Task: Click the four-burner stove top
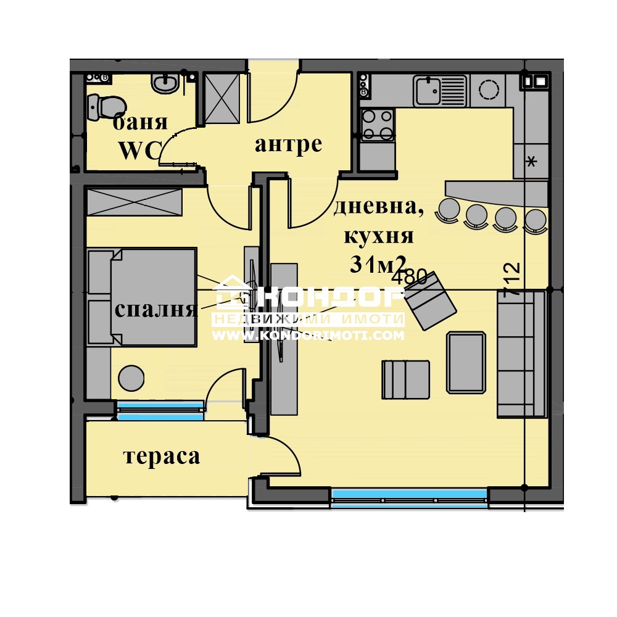(x=376, y=125)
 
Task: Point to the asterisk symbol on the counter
(x=531, y=163)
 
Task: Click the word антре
(x=288, y=144)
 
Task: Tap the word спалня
(x=155, y=309)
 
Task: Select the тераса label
(x=162, y=457)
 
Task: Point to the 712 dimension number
(x=512, y=281)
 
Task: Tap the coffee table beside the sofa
(x=466, y=362)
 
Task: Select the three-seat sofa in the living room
(x=521, y=354)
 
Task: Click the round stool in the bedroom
(x=131, y=378)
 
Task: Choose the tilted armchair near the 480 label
(x=431, y=300)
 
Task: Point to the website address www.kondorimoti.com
(x=308, y=336)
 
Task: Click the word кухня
(x=378, y=236)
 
